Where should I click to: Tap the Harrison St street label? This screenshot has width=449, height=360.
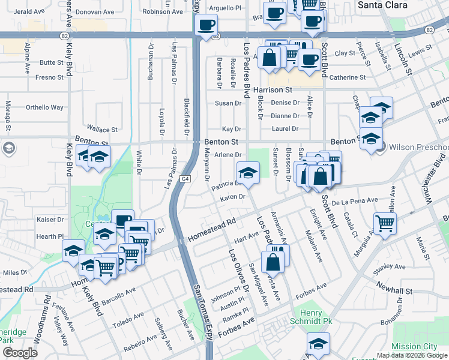coord(272,89)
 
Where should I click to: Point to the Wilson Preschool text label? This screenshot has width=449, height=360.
coord(419,147)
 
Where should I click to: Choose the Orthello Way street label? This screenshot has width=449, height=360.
coord(44,107)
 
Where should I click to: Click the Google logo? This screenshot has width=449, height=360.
coord(20,353)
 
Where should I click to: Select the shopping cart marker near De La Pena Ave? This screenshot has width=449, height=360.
coord(385,223)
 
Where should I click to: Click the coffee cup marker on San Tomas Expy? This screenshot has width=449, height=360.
coord(206,25)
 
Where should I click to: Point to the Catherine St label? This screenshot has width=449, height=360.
coord(347,77)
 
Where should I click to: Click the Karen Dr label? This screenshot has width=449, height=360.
coord(233,197)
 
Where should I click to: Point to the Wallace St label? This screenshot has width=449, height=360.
coord(101,129)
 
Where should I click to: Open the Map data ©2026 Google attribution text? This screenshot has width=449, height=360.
coord(412,355)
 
